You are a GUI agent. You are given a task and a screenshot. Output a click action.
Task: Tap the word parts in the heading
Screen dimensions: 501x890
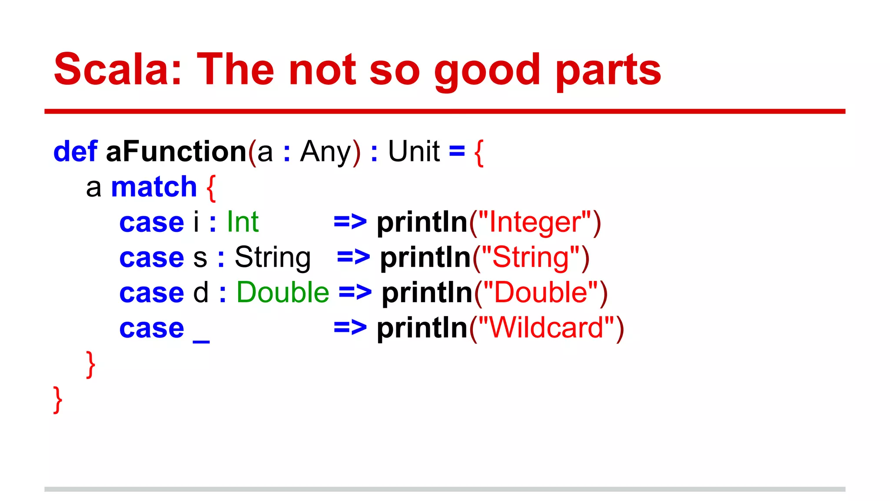pyautogui.click(x=608, y=70)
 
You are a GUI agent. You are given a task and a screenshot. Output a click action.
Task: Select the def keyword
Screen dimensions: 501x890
pyautogui.click(x=75, y=151)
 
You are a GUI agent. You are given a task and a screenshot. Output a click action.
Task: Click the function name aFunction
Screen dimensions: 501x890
pyautogui.click(x=176, y=151)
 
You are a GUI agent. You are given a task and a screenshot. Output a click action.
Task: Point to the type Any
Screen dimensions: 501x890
pyautogui.click(x=325, y=152)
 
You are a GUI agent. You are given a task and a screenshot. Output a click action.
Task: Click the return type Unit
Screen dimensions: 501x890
pyautogui.click(x=414, y=151)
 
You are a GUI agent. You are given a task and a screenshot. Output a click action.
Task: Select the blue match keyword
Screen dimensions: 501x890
pyautogui.click(x=154, y=187)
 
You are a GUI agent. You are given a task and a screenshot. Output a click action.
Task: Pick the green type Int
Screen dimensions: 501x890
pyautogui.click(x=242, y=222)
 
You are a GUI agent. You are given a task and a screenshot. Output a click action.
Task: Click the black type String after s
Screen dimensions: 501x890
pyautogui.click(x=272, y=257)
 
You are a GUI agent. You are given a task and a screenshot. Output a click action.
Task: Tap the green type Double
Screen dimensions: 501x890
pyautogui.click(x=283, y=292)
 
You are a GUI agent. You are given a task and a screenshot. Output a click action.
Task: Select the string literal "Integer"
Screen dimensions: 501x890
pyautogui.click(x=535, y=222)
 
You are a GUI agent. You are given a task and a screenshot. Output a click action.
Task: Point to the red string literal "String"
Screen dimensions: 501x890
pyautogui.click(x=531, y=257)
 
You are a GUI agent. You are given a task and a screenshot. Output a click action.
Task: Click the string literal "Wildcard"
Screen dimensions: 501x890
pyautogui.click(x=546, y=328)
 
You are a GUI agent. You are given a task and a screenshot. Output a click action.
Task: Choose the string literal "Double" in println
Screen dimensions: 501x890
pyautogui.click(x=541, y=292)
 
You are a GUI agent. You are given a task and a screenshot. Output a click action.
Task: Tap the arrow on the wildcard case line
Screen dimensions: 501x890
pyautogui.click(x=350, y=328)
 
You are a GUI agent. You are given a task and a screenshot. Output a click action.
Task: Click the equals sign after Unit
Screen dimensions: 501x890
pyautogui.click(x=457, y=151)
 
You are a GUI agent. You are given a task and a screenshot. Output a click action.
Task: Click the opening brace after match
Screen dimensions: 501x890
pyautogui.click(x=211, y=188)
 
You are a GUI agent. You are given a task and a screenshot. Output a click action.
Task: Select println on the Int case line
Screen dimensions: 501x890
pyautogui.click(x=422, y=223)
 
